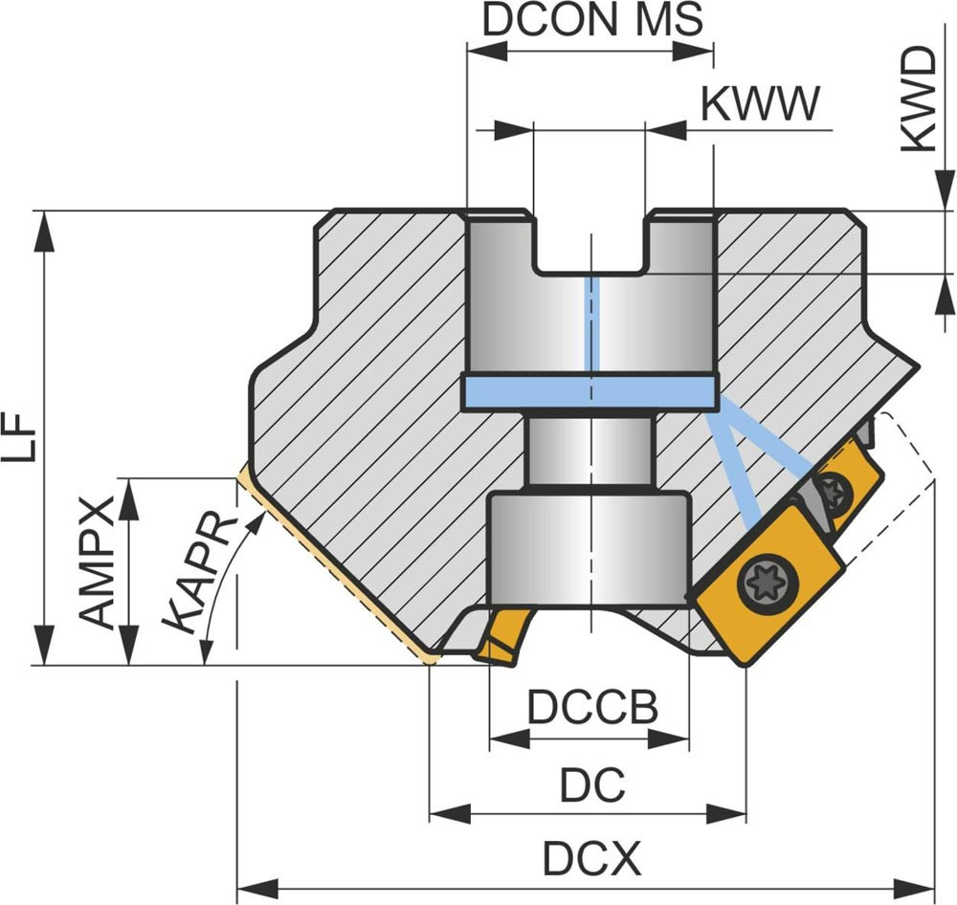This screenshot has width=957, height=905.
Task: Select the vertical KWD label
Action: pos(920,99)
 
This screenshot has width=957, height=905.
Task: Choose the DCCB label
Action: pos(592,708)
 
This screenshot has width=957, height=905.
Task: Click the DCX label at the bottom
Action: pos(591,858)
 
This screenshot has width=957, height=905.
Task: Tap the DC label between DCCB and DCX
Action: pos(592,785)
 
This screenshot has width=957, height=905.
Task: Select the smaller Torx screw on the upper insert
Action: pos(835,492)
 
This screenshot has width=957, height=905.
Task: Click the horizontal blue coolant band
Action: pos(589,390)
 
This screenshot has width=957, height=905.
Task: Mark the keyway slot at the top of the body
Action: pos(590,244)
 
